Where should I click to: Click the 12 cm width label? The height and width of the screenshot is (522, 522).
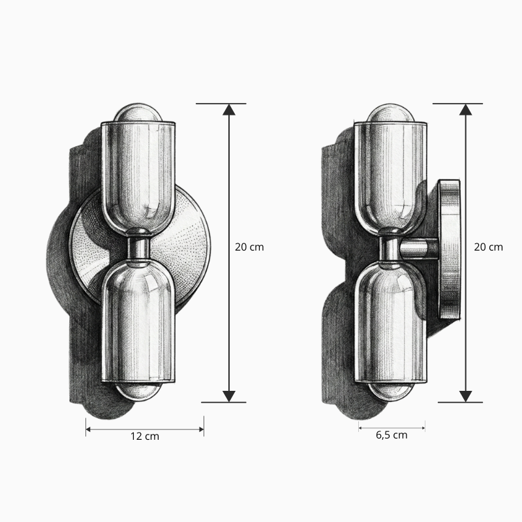tap(145, 436)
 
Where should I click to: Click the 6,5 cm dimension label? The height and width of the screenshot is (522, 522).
tap(391, 435)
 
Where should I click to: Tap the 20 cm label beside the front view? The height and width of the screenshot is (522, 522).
tap(249, 247)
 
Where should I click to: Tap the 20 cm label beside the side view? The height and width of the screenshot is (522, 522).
tap(488, 247)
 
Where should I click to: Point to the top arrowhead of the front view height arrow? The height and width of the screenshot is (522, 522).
tap(229, 110)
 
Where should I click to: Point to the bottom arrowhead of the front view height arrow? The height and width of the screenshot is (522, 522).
tap(229, 396)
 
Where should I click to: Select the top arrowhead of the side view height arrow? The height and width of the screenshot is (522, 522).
tap(465, 110)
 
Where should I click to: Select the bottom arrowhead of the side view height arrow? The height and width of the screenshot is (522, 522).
tap(465, 396)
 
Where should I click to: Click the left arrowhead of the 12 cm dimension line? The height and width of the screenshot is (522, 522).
tap(88, 429)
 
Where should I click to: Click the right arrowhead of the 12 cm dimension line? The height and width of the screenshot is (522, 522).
tap(202, 429)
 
